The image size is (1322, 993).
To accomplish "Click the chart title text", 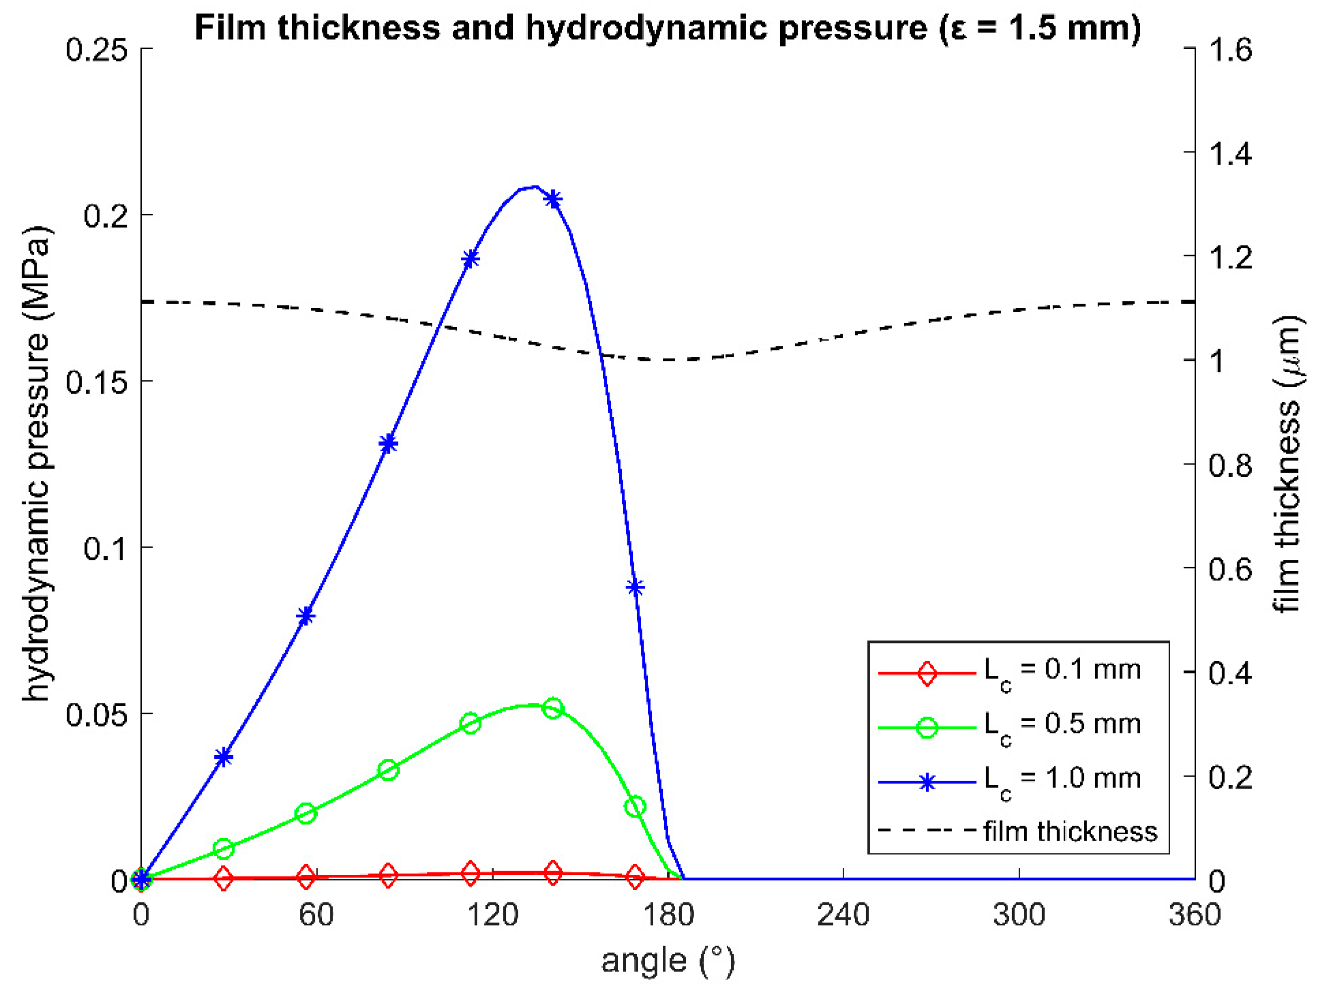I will point(668,28).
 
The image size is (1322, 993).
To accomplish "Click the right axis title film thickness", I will point(1289,463).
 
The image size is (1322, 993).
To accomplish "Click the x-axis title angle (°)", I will point(668,960).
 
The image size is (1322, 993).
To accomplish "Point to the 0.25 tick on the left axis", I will point(96,49).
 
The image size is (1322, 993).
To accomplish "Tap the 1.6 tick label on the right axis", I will point(1230,49).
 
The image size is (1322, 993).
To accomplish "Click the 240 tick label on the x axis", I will point(843,914).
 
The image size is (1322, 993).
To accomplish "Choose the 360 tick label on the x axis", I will point(1194,914).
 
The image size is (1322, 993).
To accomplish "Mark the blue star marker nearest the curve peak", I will point(553,199).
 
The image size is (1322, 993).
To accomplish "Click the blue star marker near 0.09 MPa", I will point(635,587).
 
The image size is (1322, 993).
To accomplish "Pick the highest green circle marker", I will point(553,709).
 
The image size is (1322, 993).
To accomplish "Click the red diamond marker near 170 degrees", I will point(635,877).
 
